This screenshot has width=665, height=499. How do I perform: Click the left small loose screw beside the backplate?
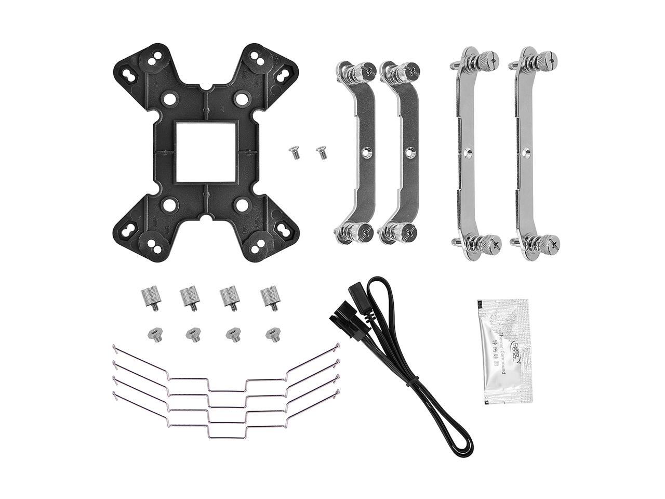295,153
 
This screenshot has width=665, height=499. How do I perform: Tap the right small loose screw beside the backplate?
321,152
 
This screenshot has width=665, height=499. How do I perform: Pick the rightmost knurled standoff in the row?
269,298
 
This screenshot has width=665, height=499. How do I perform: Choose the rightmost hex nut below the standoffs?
271,334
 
